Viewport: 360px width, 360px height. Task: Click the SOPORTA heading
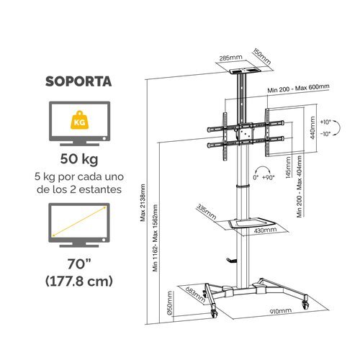[78, 81]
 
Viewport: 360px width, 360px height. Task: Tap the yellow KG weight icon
[79, 120]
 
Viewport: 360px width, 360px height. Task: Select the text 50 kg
[79, 159]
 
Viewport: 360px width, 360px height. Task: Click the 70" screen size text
[78, 264]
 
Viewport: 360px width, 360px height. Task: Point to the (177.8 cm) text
[79, 281]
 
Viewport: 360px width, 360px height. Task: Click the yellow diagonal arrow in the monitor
[79, 221]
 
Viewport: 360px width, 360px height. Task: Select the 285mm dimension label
[231, 58]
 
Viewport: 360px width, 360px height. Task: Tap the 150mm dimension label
[261, 57]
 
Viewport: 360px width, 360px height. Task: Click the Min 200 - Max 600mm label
[298, 88]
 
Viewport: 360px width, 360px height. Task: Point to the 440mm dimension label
[312, 127]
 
